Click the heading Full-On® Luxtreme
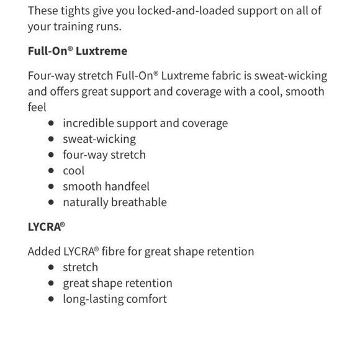[77, 51]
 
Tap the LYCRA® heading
[46, 227]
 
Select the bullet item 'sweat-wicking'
[99, 139]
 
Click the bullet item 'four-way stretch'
[104, 155]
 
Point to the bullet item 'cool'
[73, 171]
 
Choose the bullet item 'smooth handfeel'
[106, 186]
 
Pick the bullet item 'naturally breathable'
[114, 202]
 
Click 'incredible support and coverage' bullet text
[145, 123]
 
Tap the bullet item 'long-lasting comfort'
[114, 299]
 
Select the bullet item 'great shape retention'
[117, 283]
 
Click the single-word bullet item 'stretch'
[80, 268]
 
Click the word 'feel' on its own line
[37, 107]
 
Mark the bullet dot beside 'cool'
[51, 171]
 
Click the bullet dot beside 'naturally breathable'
[51, 202]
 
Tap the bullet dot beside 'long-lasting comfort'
[51, 299]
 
